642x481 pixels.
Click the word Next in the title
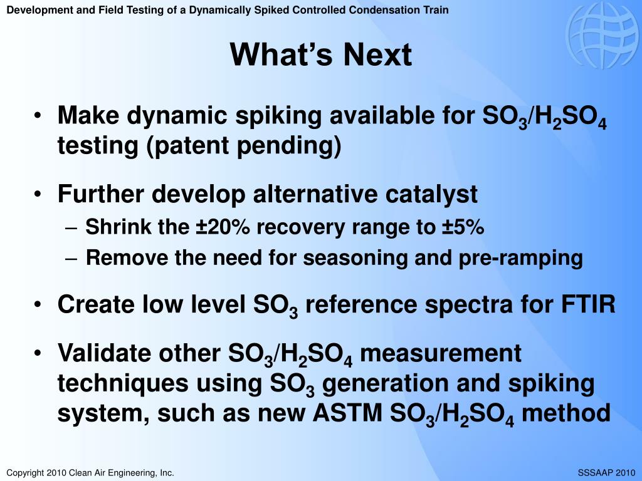[x=377, y=54]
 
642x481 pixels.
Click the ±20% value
[x=223, y=227]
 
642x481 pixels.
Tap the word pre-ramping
[x=520, y=259]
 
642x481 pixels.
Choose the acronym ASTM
[x=347, y=413]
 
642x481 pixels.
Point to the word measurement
[x=441, y=354]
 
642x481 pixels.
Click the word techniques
[x=123, y=384]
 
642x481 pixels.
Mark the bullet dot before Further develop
[x=38, y=194]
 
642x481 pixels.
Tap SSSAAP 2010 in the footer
[x=606, y=473]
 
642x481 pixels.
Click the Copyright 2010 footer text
[x=90, y=473]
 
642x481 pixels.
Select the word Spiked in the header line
[x=269, y=9]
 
